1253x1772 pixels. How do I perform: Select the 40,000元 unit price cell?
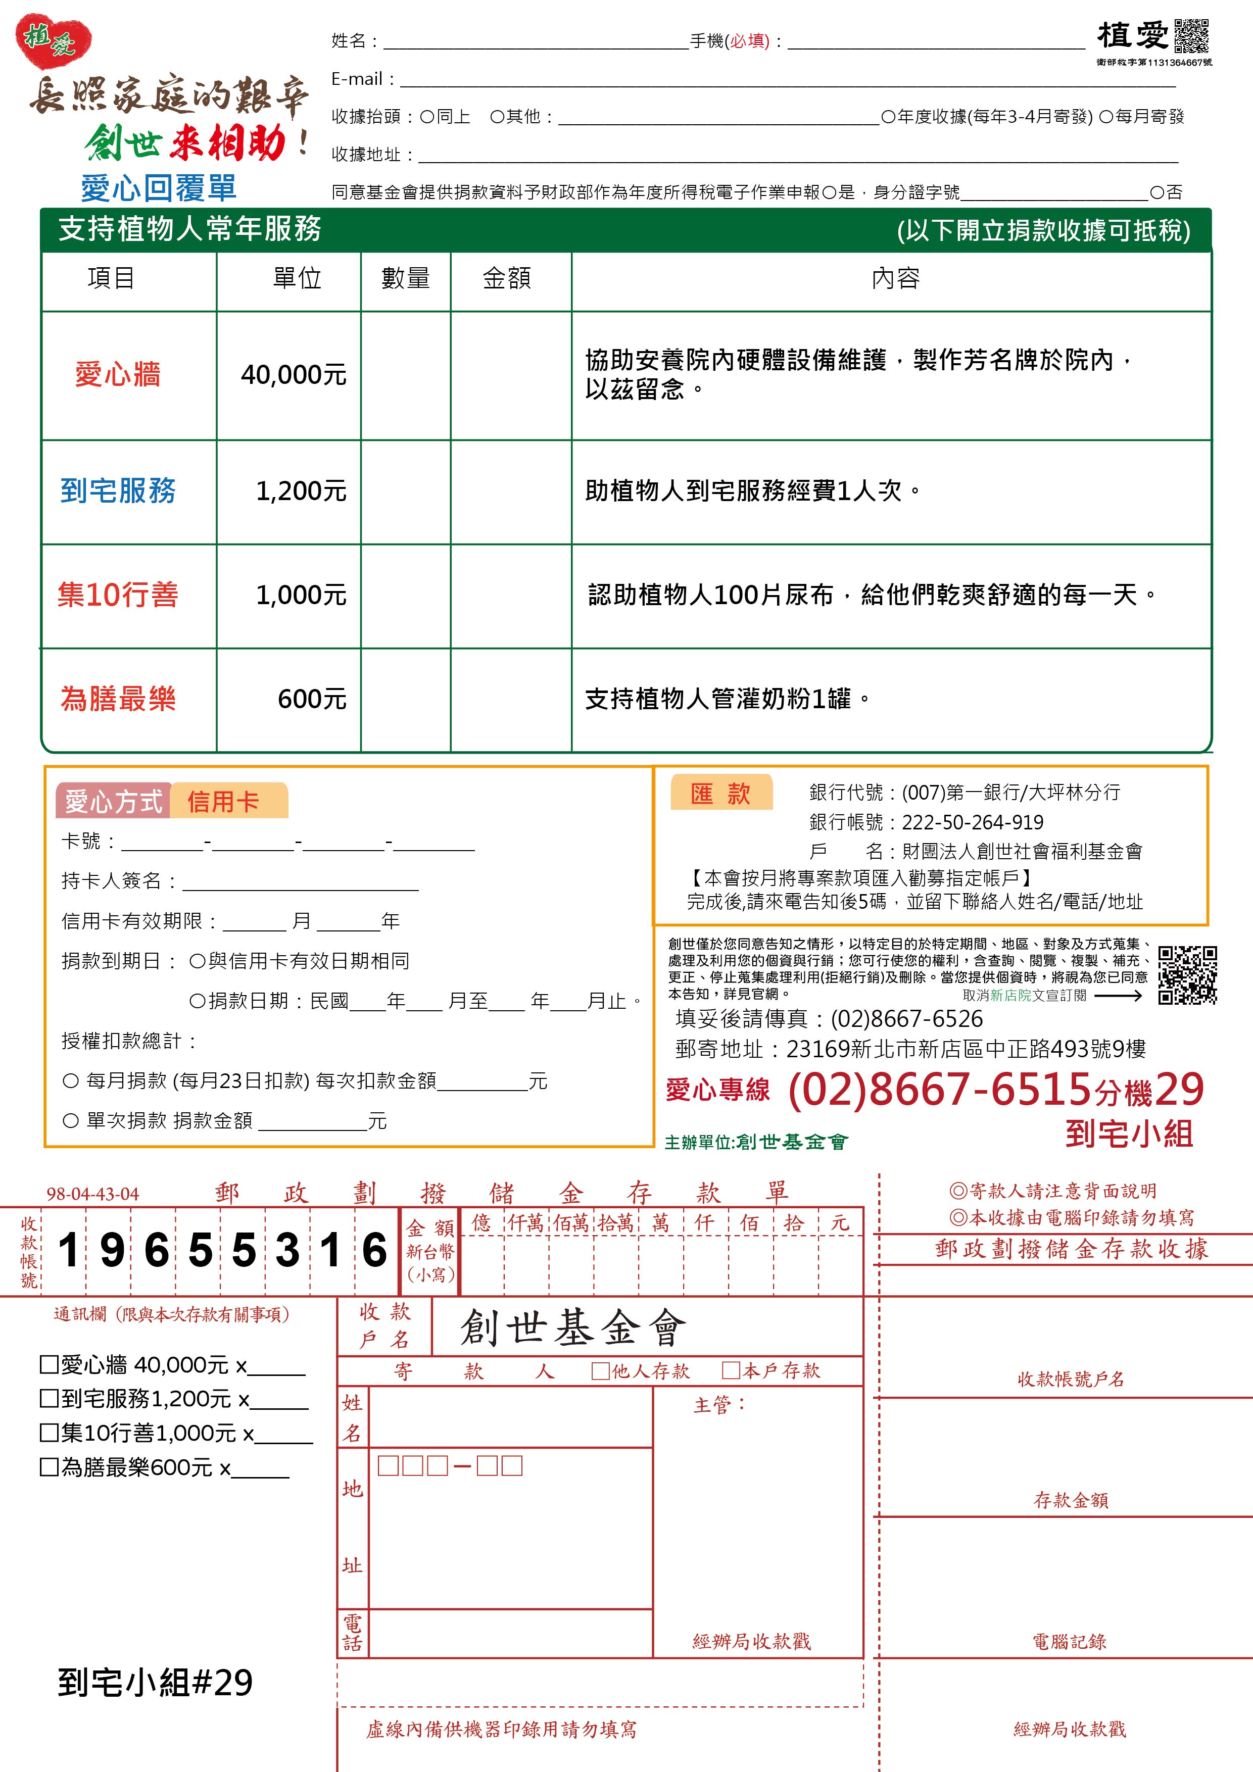click(x=294, y=375)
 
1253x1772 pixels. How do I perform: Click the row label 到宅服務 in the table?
click(x=118, y=491)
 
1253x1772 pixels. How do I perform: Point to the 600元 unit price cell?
click(x=312, y=699)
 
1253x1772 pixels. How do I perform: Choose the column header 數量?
click(x=405, y=279)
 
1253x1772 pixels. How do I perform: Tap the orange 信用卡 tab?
click(x=224, y=802)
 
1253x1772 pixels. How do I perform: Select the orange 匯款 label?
click(x=720, y=794)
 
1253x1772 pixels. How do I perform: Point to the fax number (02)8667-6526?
click(x=906, y=1019)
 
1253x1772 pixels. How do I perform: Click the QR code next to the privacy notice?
click(x=1187, y=975)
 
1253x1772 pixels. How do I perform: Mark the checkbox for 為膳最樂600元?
click(x=49, y=1466)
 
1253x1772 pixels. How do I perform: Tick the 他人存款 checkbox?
click(x=600, y=1371)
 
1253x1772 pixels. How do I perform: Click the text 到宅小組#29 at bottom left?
click(x=155, y=1683)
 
